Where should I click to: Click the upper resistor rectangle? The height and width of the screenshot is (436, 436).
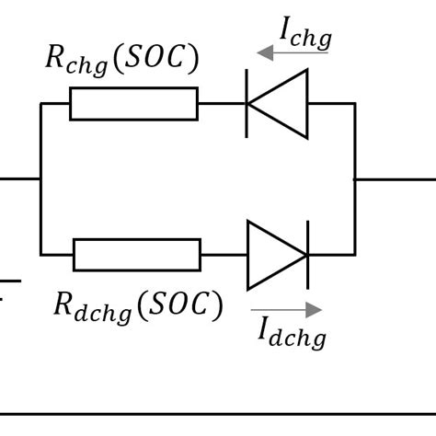pos(133,104)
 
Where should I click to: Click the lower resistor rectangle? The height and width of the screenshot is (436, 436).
pos(136,255)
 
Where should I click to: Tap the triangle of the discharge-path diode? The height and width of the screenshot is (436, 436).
pos(273,255)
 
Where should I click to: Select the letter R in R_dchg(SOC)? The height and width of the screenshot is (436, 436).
pos(64,304)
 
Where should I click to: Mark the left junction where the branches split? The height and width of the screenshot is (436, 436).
pos(40,178)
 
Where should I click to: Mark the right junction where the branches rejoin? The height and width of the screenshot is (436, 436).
pos(355,178)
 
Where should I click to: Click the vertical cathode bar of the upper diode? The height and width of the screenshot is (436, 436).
pos(247,104)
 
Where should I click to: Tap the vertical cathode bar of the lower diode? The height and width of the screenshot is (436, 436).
pos(307,255)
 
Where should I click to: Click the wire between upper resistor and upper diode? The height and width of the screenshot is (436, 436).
pos(221,104)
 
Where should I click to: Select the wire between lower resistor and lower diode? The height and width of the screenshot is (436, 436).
pos(224,255)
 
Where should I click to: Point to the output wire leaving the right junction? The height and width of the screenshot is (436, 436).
pos(396,178)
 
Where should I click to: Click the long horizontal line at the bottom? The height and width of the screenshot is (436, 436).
pos(218,415)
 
